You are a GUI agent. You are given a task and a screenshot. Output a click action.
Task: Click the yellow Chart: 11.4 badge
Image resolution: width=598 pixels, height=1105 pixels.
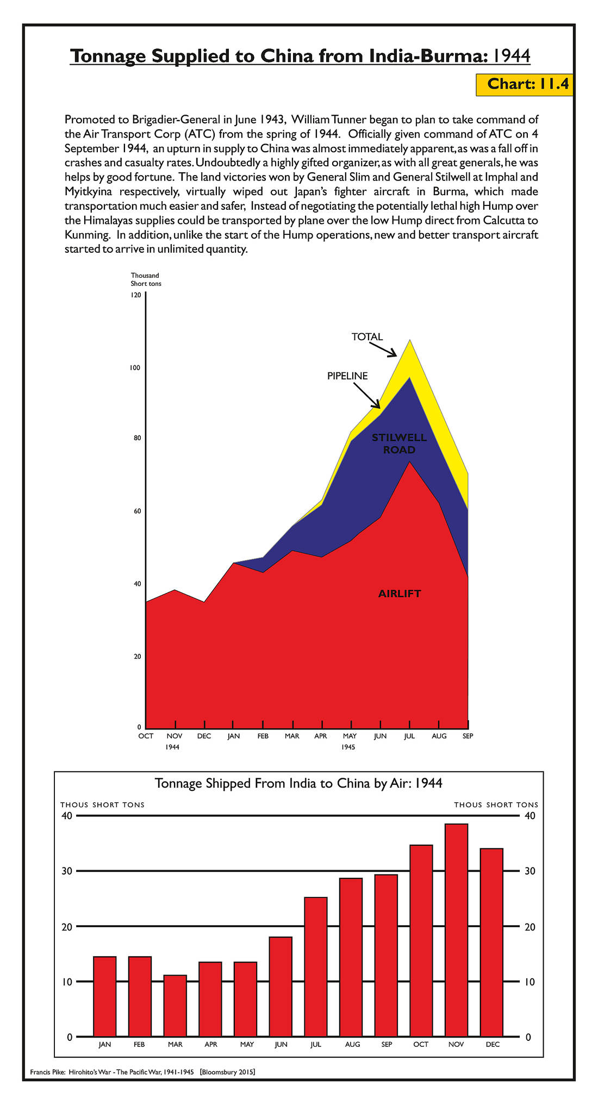coord(524,84)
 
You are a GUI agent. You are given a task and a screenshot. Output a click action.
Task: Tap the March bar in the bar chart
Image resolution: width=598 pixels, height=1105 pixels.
coord(175,1006)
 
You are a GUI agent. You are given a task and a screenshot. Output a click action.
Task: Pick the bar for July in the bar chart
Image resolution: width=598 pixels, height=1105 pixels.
coord(316,967)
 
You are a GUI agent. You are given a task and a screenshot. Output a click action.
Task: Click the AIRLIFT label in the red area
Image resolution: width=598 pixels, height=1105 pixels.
coord(400,594)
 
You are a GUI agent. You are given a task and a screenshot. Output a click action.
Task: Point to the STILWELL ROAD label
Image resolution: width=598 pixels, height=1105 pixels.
coord(400,444)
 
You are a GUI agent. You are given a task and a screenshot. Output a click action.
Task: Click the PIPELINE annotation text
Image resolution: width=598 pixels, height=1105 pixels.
coord(347,376)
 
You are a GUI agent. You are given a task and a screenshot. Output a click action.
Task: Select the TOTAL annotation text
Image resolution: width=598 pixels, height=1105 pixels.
coord(367,337)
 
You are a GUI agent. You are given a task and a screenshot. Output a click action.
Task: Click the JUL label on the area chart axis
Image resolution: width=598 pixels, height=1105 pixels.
coord(409,736)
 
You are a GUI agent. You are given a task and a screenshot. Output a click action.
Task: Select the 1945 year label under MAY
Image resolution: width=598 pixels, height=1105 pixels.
coord(348,747)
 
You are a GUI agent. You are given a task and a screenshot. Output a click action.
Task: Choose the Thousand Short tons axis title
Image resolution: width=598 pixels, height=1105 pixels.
coord(146,279)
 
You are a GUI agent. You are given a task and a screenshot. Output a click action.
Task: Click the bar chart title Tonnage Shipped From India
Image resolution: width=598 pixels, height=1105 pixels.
coord(298,783)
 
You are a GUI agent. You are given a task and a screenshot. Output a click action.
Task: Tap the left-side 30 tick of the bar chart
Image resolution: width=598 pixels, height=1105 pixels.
coord(66,871)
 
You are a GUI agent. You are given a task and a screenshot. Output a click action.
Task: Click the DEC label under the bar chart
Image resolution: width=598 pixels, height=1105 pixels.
coord(493,1044)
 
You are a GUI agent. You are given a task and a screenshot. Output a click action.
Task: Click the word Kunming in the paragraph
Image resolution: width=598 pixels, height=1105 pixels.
coord(88,235)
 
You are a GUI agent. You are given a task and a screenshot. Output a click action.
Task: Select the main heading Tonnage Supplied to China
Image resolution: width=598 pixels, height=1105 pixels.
coord(300,56)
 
